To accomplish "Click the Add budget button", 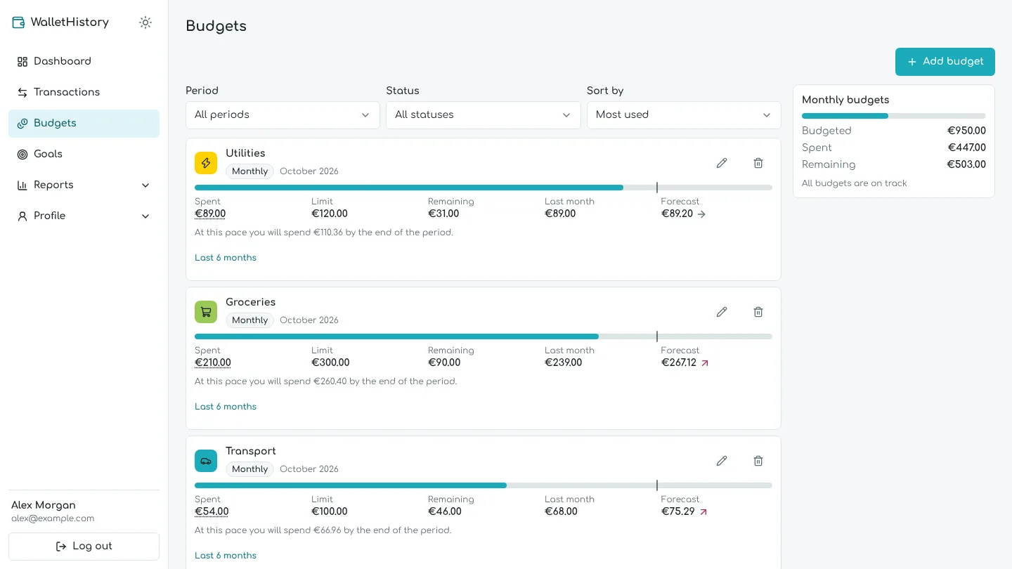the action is click(x=945, y=61).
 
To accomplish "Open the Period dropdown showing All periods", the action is click(x=283, y=115).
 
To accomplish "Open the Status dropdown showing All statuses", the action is click(x=483, y=115).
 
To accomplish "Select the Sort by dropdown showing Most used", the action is click(x=684, y=115).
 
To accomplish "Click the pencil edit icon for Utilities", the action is click(x=722, y=163).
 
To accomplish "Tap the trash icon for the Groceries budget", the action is click(x=758, y=312).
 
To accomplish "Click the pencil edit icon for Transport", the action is click(x=722, y=461).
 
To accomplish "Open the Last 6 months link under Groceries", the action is click(x=226, y=407).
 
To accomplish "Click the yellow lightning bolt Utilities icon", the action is click(x=206, y=163).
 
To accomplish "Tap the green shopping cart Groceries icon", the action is click(x=206, y=312).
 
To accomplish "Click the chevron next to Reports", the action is click(x=145, y=185).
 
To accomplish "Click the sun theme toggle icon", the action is click(x=145, y=22).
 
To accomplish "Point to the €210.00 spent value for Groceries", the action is click(x=213, y=362).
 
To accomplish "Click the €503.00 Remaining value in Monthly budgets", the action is click(x=966, y=164).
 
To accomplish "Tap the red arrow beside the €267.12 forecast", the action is click(x=705, y=362).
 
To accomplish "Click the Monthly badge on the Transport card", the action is click(x=250, y=469).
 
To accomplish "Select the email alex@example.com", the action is click(x=53, y=518).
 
